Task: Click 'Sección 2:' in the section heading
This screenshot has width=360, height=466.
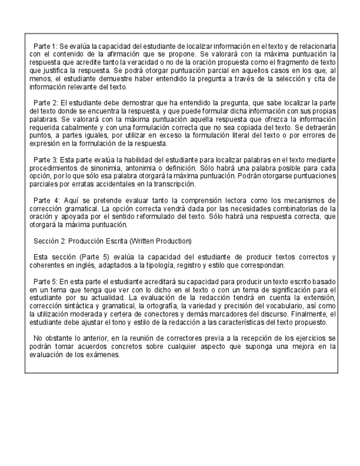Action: click(49, 241)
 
